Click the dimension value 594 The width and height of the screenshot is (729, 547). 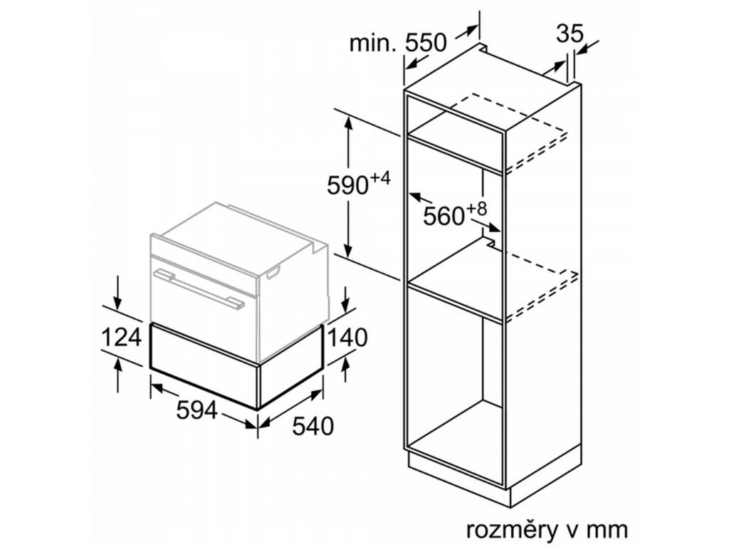point(197,410)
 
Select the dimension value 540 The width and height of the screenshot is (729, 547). point(313,426)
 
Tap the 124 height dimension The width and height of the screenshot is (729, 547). point(121,336)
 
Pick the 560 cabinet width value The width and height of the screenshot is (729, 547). point(444,216)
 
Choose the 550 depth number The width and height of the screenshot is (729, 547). point(425,43)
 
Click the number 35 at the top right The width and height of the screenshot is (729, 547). point(570,33)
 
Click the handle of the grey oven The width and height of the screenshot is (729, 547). point(199,289)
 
